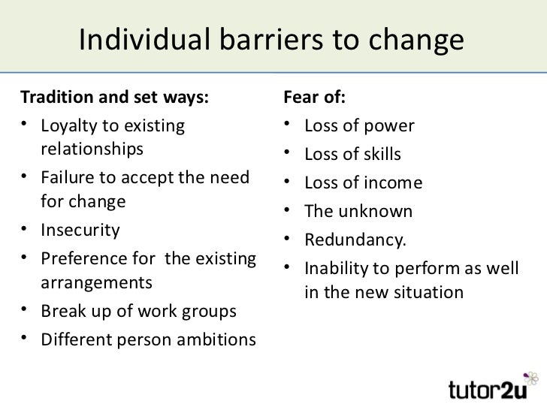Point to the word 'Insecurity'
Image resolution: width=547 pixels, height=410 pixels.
[x=79, y=229]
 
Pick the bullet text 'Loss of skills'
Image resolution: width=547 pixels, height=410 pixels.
[x=353, y=155]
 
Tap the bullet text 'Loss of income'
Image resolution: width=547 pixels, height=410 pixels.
[x=364, y=183]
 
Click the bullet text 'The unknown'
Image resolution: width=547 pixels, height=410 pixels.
[x=358, y=212]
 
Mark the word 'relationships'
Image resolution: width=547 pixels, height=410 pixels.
[x=90, y=147]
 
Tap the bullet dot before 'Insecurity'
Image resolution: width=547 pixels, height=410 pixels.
[x=26, y=230]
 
